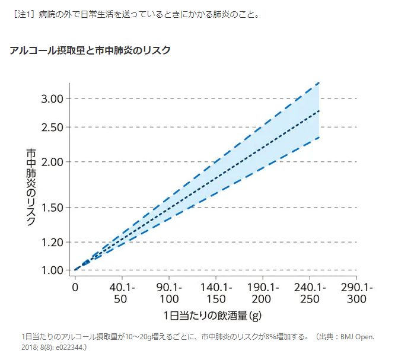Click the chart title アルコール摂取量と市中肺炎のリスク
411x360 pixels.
90,51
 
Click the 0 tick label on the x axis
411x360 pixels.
75,288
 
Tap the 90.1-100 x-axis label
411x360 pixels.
168,293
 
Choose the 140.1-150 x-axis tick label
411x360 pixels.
215,293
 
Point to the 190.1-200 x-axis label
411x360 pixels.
262,293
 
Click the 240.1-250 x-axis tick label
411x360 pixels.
310,293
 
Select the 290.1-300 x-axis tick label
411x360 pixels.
356,293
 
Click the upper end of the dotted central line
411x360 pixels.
319,111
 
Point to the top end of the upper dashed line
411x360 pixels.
319,83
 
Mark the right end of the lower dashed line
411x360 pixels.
319,138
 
